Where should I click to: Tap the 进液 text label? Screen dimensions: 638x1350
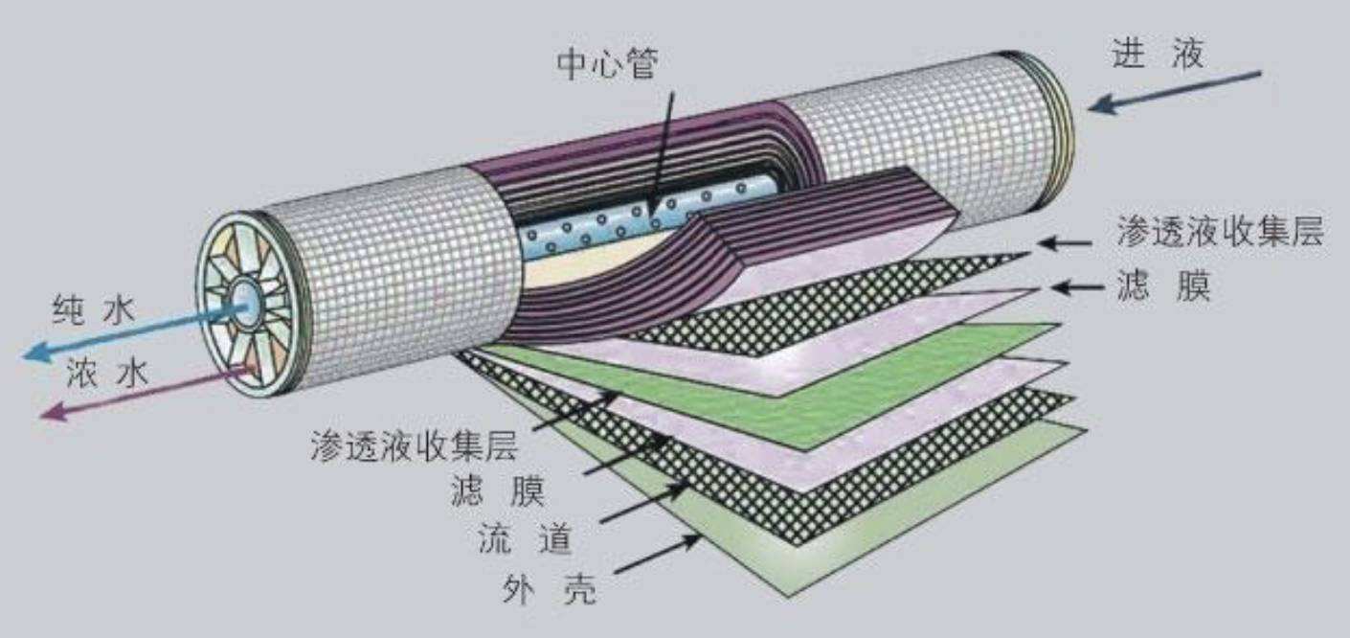click(x=1157, y=55)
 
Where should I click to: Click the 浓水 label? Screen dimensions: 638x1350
click(x=107, y=373)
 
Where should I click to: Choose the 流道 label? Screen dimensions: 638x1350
click(x=525, y=541)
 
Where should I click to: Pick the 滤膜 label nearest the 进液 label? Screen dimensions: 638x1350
click(x=1162, y=286)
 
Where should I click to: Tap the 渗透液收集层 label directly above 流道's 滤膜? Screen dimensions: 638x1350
click(x=414, y=446)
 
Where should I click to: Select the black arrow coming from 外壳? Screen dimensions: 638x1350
click(x=660, y=555)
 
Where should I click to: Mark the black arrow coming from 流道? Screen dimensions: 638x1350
click(x=646, y=505)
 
